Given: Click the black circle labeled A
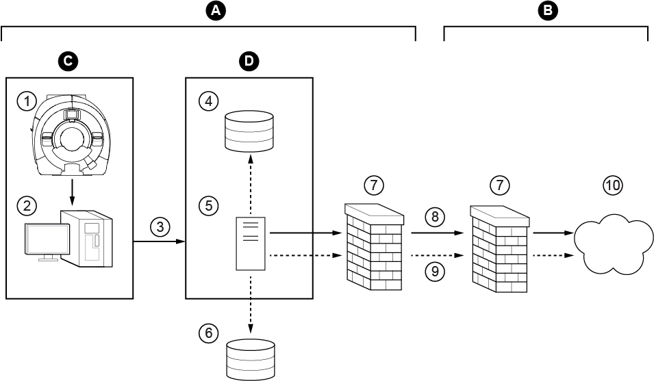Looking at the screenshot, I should tap(216, 10).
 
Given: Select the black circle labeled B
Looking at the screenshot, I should tap(548, 10).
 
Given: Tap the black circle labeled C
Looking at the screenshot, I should tap(68, 62).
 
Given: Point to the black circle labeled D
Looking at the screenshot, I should tap(249, 62).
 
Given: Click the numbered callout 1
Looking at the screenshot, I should tap(27, 102).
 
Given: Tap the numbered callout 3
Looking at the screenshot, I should tap(160, 226).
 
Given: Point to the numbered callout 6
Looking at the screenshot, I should tap(208, 334).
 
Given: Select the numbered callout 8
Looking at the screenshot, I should tap(434, 218).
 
